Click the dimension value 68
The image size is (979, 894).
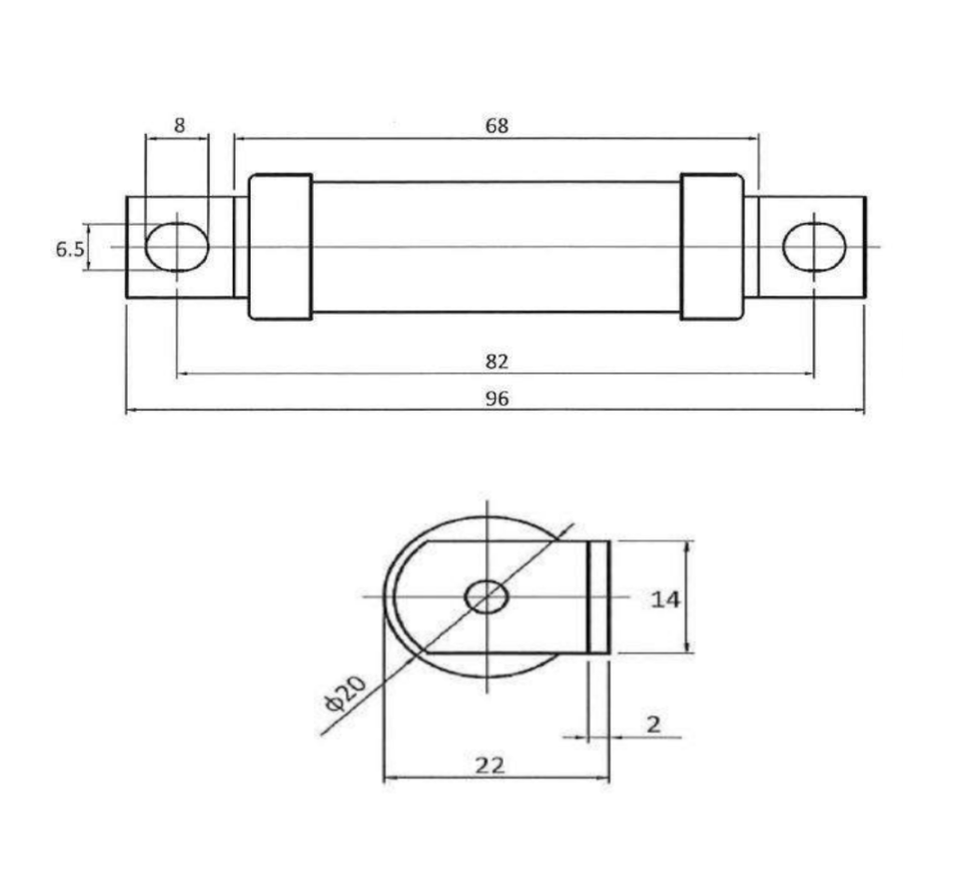pyautogui.click(x=496, y=126)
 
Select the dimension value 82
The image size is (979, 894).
pyautogui.click(x=496, y=361)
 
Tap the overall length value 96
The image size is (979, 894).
pyautogui.click(x=496, y=398)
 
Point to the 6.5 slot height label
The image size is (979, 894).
pyautogui.click(x=69, y=249)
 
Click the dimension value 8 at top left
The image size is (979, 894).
pyautogui.click(x=179, y=126)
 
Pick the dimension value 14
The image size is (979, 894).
pyautogui.click(x=665, y=598)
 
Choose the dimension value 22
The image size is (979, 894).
pyautogui.click(x=489, y=765)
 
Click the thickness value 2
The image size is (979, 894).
pyautogui.click(x=653, y=724)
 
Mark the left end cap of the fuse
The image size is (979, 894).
pyautogui.click(x=280, y=247)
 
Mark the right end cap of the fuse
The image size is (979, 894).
pyautogui.click(x=712, y=247)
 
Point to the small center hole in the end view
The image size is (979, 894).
pyautogui.click(x=487, y=597)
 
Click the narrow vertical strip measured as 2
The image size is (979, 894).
pyautogui.click(x=597, y=597)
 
